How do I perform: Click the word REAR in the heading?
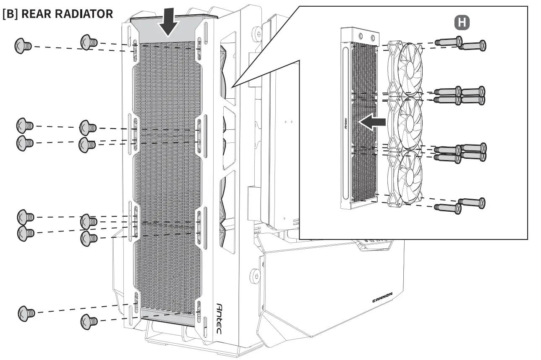tap(35, 13)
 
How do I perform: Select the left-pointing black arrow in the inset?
tap(372, 122)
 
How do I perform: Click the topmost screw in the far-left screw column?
tap(23, 46)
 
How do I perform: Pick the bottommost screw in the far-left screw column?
tap(26, 313)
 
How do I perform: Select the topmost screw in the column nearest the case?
tap(88, 42)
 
